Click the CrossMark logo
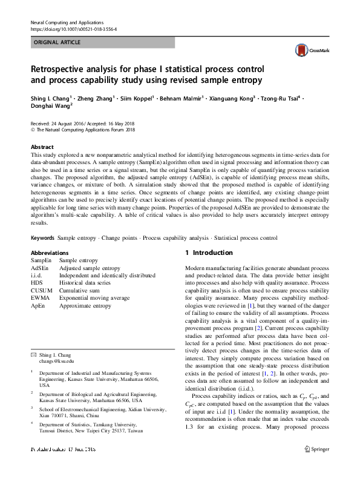[309, 50]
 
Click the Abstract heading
[42, 147]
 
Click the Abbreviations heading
[50, 253]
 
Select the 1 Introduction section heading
[208, 253]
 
